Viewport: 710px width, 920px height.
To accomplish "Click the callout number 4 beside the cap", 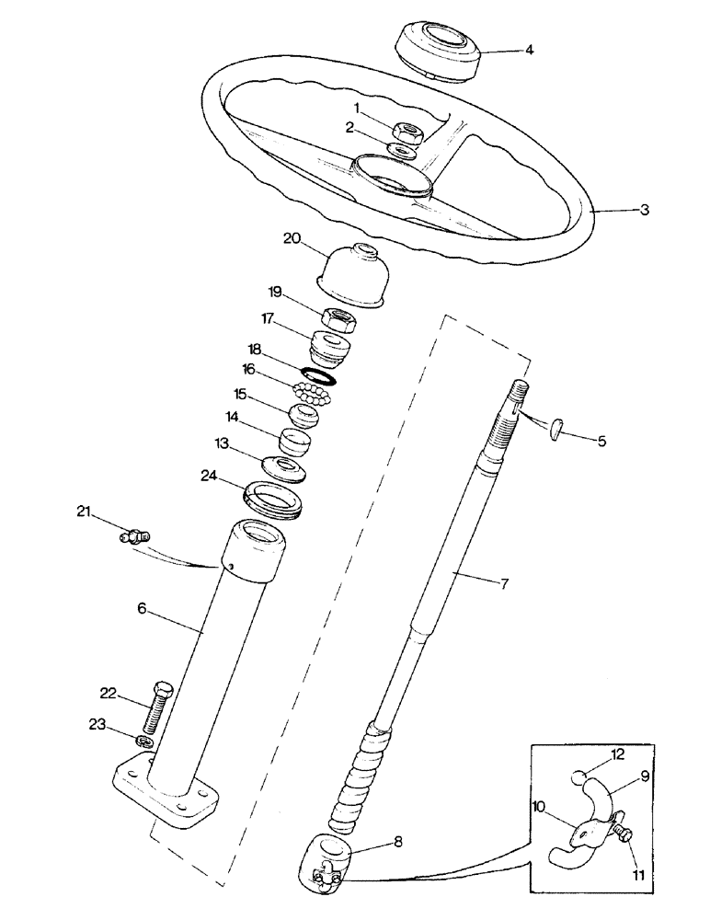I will pyautogui.click(x=529, y=52).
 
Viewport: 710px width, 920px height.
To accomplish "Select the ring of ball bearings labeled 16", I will pyautogui.click(x=310, y=396).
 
